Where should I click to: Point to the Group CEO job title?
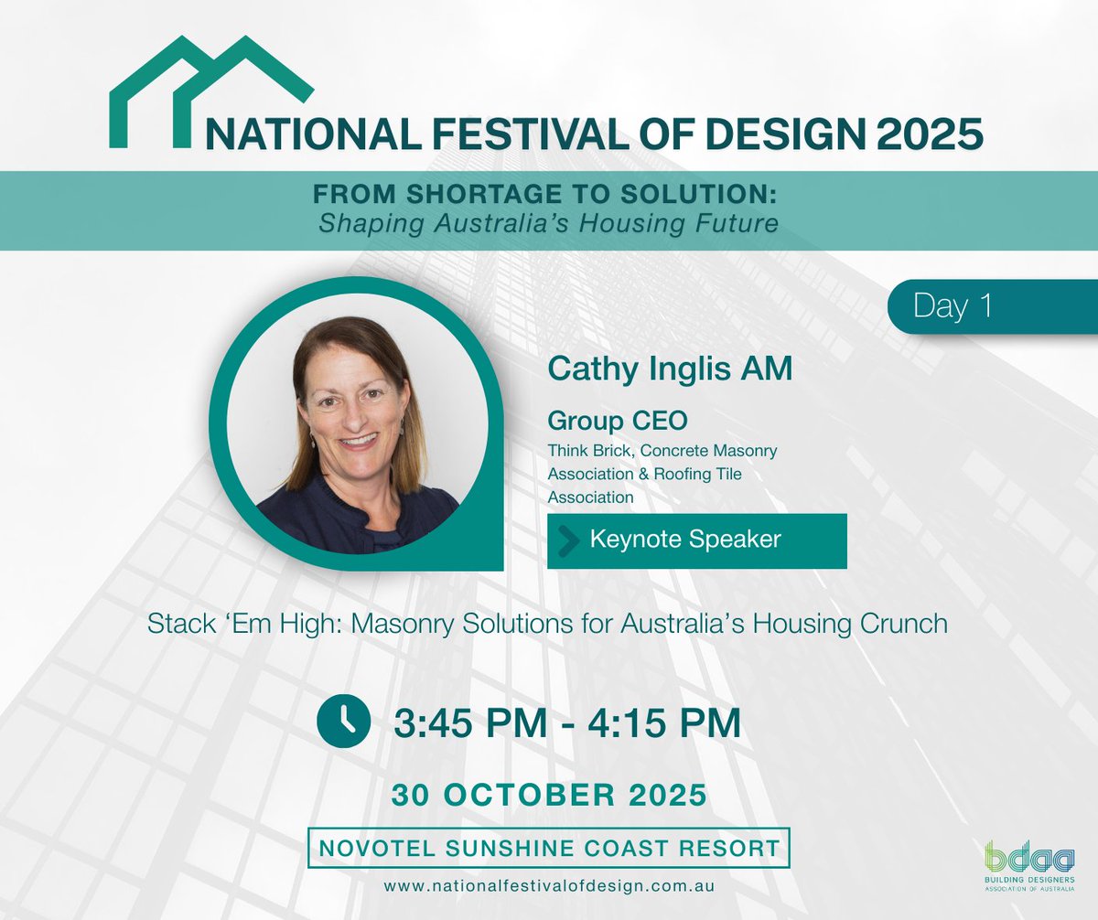pyautogui.click(x=617, y=421)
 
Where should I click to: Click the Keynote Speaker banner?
pyautogui.click(x=696, y=540)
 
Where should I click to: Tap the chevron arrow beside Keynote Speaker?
pyautogui.click(x=568, y=540)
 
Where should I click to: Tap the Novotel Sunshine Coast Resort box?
pyautogui.click(x=549, y=848)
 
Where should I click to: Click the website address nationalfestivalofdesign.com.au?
pyautogui.click(x=549, y=886)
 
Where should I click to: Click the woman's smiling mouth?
pyautogui.click(x=358, y=440)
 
